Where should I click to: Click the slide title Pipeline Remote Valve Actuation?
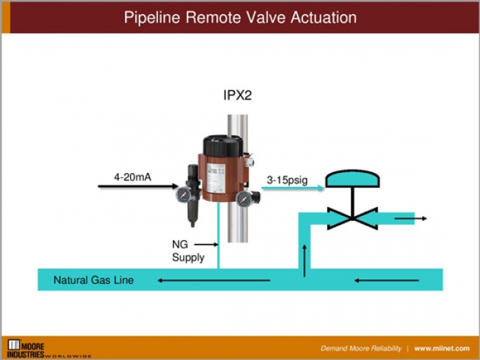click(239, 16)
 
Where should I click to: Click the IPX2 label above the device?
click(238, 95)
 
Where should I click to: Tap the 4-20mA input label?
click(134, 177)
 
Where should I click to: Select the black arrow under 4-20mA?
click(132, 188)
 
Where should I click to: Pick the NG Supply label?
click(184, 251)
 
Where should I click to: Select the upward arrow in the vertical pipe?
click(302, 257)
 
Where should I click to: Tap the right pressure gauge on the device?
click(244, 197)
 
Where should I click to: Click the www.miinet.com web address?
click(442, 348)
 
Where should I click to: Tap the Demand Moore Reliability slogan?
click(361, 348)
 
